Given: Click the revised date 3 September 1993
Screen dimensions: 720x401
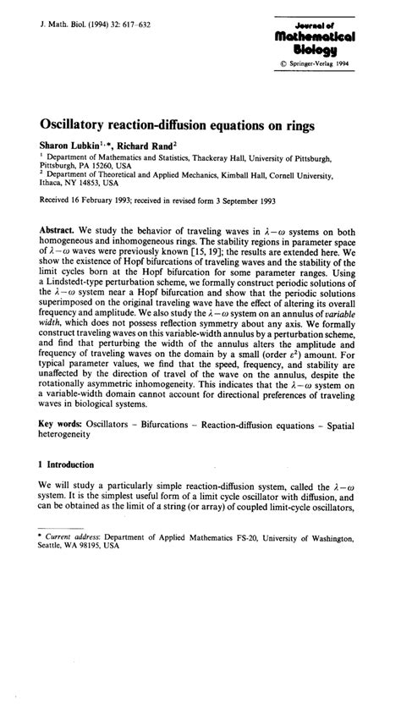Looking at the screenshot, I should pyautogui.click(x=264, y=203).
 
